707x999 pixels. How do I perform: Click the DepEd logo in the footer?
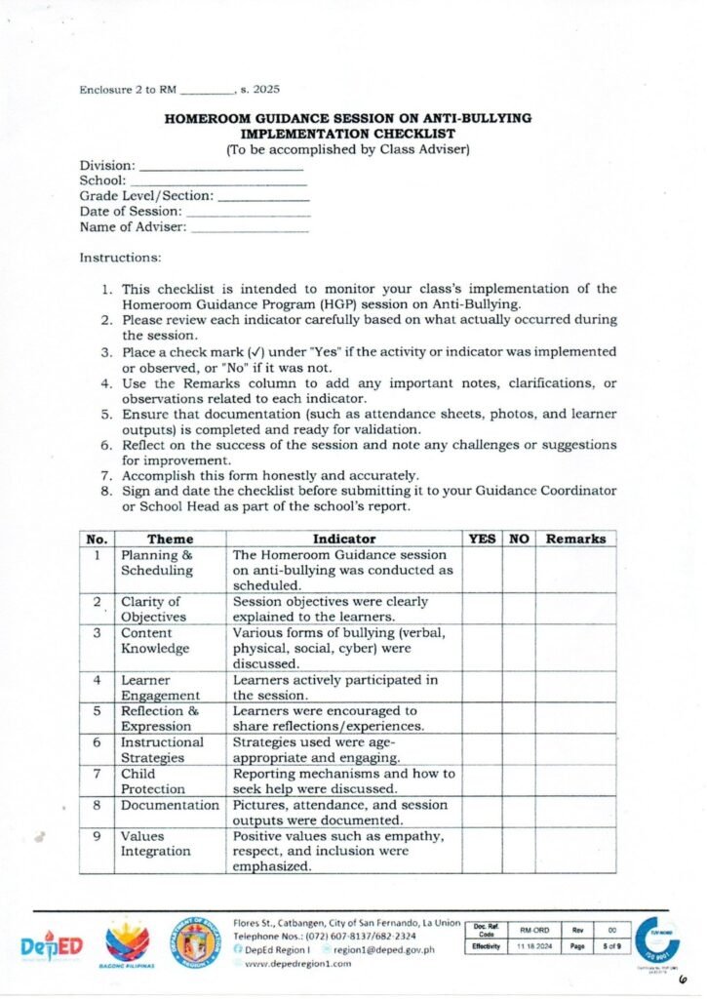click(52, 945)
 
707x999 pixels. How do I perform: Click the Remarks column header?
click(575, 539)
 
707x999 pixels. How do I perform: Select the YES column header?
click(482, 539)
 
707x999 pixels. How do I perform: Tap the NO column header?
click(518, 539)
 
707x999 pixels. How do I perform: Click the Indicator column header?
click(343, 539)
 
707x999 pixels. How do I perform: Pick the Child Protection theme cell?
click(153, 780)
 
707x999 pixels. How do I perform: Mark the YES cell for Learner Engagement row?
click(482, 687)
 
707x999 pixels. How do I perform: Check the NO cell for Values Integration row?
click(518, 850)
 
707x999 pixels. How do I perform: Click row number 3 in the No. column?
click(97, 632)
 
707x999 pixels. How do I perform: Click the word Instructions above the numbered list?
click(120, 259)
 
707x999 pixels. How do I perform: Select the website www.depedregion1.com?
click(298, 963)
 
